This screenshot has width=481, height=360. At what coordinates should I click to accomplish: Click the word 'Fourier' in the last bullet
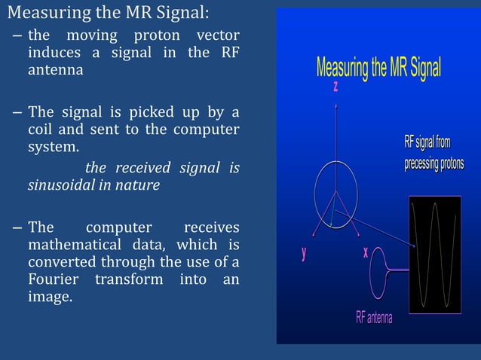click(55, 280)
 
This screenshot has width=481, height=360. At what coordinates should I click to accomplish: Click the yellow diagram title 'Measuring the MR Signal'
click(378, 68)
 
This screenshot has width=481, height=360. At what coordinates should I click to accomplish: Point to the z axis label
click(335, 88)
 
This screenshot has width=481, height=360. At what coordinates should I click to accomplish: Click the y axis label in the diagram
click(304, 253)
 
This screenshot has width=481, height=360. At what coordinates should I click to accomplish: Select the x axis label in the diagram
click(366, 253)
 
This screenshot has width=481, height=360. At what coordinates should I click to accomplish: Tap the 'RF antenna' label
click(374, 318)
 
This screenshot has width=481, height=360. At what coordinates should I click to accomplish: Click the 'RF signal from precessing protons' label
click(434, 154)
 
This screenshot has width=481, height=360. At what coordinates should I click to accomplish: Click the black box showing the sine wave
click(434, 255)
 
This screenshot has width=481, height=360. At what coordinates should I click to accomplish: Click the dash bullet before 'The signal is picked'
click(17, 114)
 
